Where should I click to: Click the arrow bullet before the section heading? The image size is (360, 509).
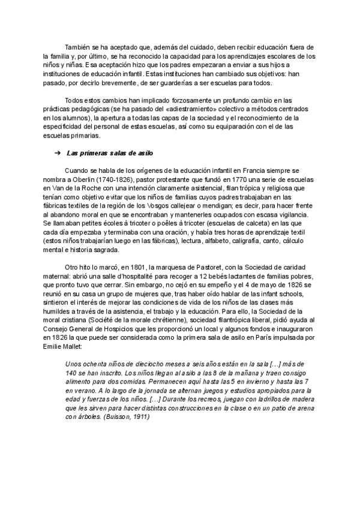coord(57,152)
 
